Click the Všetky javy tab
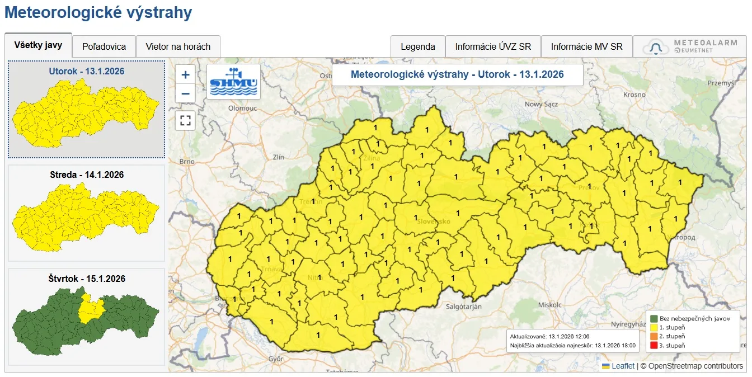point(38,45)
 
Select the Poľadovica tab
point(104,46)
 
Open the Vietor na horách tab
point(178,46)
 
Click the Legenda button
point(417,46)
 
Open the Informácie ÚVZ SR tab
point(493,46)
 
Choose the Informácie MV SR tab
point(586,46)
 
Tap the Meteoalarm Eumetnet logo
point(690,46)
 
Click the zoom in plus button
point(185,74)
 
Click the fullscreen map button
point(185,120)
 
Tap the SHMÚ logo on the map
point(233,82)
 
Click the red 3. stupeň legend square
point(654,345)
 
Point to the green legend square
point(654,318)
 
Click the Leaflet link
point(623,366)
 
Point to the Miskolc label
point(549,305)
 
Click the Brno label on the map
point(187,162)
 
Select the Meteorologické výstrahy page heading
point(98,12)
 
